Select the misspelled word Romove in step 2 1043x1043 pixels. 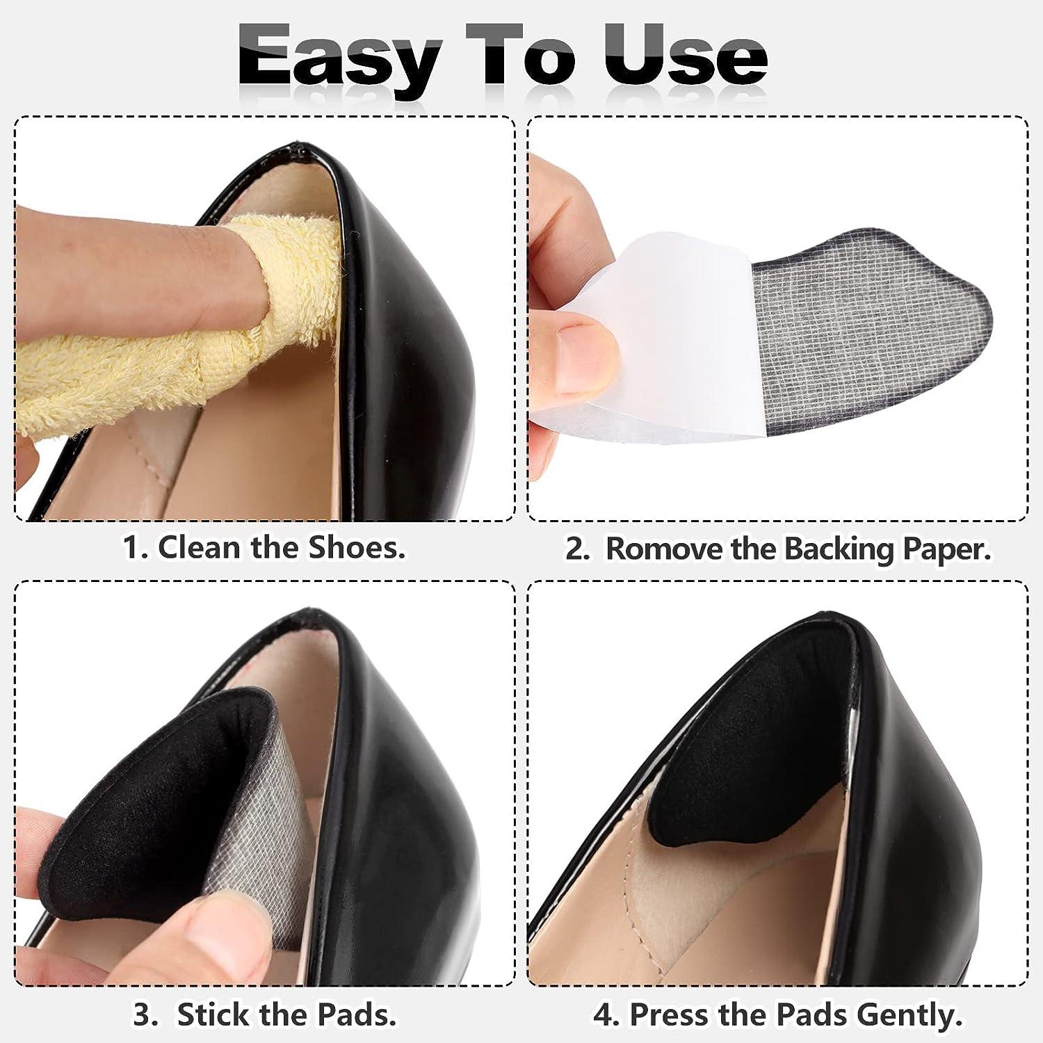[665, 549]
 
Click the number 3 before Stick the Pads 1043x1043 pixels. [144, 1014]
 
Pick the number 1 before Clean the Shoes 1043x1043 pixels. [132, 547]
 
